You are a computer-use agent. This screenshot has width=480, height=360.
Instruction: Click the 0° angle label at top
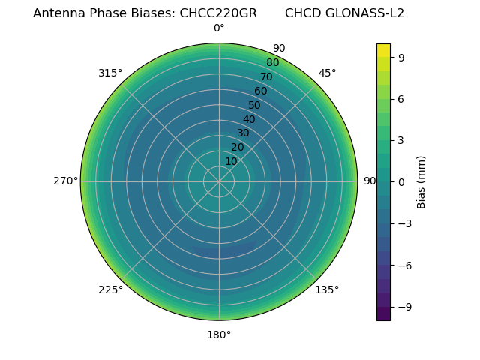219,28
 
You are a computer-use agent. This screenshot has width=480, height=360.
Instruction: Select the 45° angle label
327,73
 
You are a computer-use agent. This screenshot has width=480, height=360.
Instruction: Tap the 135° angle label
327,289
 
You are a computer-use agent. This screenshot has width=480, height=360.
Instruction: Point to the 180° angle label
219,334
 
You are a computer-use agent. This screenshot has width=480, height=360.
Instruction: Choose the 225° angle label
110,289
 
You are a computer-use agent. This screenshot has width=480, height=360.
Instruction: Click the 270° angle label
65,181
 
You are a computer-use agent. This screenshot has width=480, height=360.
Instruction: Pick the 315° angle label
110,73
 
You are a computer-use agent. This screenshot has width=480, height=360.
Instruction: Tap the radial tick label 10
231,161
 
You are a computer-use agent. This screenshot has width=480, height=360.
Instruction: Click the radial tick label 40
249,119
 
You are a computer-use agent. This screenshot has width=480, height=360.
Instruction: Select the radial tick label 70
266,76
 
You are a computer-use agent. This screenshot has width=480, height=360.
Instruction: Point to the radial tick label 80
272,62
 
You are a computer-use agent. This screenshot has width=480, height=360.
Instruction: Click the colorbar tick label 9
403,57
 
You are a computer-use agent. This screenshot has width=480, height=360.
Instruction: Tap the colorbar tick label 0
403,181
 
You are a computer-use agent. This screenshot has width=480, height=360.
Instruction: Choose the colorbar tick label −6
400,265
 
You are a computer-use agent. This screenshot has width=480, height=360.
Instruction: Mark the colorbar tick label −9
400,307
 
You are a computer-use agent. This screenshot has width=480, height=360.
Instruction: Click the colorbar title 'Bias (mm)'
421,181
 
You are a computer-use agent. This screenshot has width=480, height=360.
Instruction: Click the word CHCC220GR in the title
218,13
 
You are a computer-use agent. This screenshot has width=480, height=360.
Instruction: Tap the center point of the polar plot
219,181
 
